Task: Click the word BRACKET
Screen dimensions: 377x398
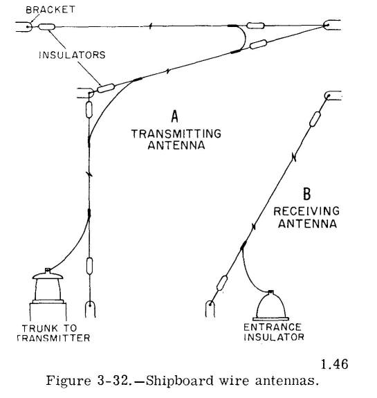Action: [50, 10]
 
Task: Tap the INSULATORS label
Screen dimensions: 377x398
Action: [72, 55]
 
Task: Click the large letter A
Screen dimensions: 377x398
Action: [174, 116]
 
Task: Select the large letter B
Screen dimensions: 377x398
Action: [307, 194]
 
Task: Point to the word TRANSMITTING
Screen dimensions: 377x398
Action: [176, 134]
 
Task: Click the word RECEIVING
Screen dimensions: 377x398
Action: [306, 211]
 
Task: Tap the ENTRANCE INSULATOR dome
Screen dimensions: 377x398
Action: [270, 305]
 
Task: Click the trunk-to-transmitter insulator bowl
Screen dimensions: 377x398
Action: [48, 286]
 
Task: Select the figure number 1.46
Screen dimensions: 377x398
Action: [334, 364]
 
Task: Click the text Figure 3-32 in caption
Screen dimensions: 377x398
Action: [87, 381]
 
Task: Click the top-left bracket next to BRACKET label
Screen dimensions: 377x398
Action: [24, 27]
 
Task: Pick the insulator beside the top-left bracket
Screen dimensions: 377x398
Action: [46, 27]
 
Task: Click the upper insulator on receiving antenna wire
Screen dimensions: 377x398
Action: [315, 119]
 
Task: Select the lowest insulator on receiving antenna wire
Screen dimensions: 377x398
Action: [222, 283]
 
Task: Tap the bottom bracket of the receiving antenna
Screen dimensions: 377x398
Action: [210, 309]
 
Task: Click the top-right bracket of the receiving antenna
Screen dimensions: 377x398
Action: [333, 96]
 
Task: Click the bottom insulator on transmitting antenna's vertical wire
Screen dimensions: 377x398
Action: [89, 266]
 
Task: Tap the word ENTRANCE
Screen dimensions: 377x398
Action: [273, 327]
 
